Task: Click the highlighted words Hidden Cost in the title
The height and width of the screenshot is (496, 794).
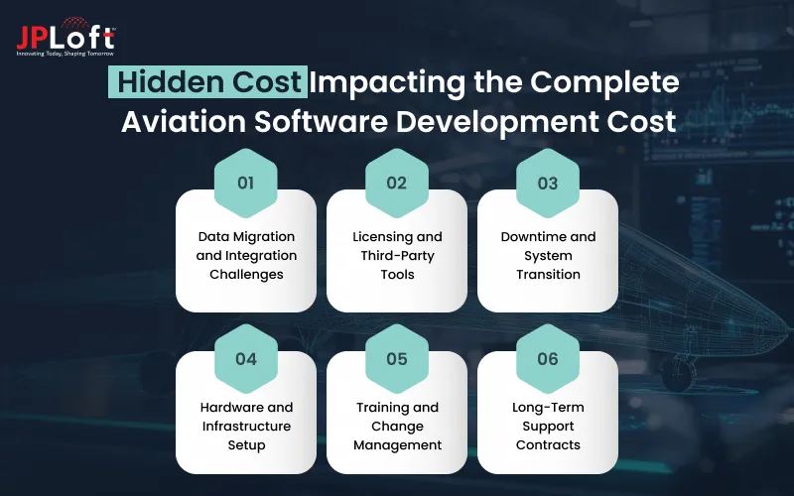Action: click(205, 83)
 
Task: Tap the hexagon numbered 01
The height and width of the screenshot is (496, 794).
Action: click(246, 184)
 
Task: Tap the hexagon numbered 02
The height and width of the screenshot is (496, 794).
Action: click(397, 184)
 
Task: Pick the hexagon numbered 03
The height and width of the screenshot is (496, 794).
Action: click(548, 184)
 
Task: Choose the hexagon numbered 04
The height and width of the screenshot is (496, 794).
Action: click(246, 358)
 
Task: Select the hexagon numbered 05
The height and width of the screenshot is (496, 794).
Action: click(397, 358)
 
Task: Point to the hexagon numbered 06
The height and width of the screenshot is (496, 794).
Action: click(548, 358)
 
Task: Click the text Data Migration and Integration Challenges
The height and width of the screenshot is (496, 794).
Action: click(246, 255)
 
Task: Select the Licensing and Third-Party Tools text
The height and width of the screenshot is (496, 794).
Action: click(397, 255)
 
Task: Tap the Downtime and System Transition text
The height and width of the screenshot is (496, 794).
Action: click(548, 255)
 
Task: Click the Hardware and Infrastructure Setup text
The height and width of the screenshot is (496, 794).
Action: click(246, 427)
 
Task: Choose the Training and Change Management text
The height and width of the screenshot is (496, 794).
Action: click(397, 427)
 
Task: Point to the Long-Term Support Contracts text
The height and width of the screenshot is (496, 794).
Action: click(548, 427)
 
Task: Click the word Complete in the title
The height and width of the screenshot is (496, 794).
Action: click(606, 83)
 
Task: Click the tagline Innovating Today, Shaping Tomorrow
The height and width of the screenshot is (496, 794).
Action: click(66, 53)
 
